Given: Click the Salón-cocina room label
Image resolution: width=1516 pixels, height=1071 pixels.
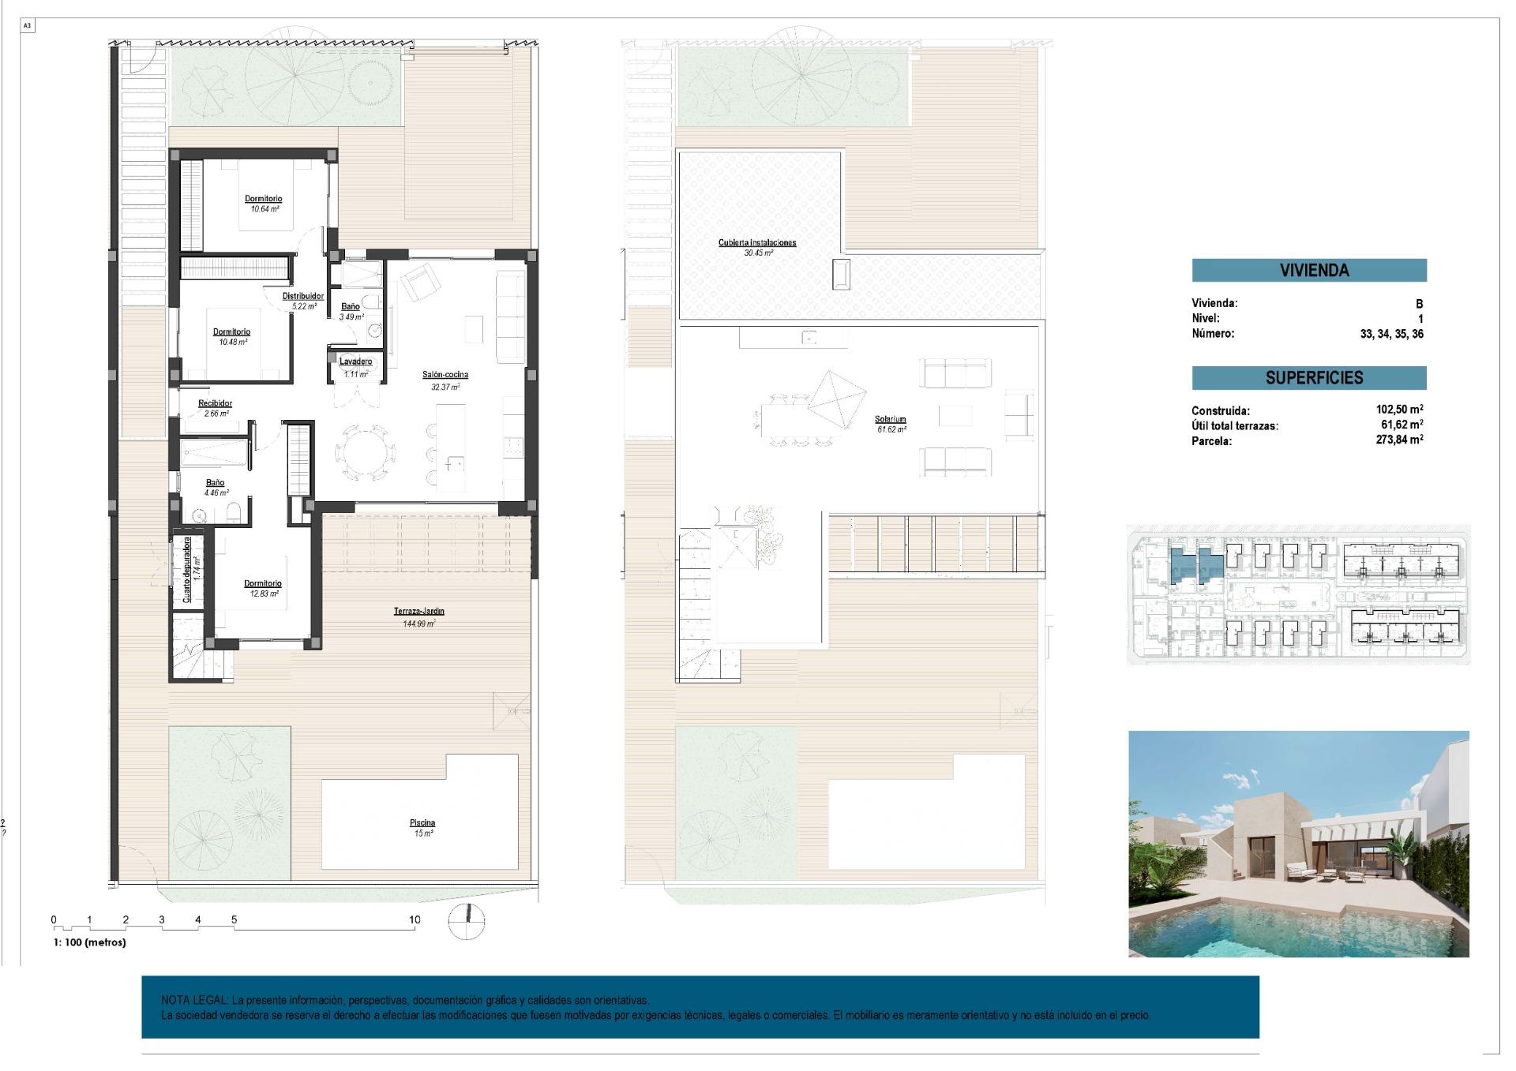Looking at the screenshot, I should click(x=445, y=375).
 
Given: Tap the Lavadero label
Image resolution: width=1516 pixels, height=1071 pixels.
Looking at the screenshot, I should click(x=355, y=361).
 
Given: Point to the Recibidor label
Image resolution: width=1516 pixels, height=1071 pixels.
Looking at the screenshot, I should click(x=215, y=403).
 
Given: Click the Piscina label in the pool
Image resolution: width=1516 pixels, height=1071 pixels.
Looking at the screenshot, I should click(x=422, y=823).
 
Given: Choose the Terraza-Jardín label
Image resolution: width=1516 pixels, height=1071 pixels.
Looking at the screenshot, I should click(x=418, y=612).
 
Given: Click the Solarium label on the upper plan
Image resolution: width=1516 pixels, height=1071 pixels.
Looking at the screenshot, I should click(x=890, y=420).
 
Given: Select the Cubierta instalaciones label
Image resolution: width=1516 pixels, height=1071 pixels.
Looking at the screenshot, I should click(x=756, y=243).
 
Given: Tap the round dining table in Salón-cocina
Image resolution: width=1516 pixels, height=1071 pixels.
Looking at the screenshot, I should click(x=366, y=453).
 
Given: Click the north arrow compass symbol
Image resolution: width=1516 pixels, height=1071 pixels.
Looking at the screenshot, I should click(x=467, y=919).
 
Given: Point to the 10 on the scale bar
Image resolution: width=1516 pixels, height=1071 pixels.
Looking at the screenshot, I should click(x=415, y=919).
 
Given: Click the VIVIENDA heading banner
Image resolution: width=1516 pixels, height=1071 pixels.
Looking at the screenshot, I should click(x=1308, y=270).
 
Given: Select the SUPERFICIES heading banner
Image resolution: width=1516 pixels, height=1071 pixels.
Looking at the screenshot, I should click(x=1308, y=378).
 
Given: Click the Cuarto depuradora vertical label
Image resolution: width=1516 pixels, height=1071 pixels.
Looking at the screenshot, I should click(x=187, y=570).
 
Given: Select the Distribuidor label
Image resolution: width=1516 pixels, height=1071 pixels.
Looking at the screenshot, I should click(x=303, y=296).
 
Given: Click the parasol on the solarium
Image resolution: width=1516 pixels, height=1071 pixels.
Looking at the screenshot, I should click(x=836, y=400).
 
